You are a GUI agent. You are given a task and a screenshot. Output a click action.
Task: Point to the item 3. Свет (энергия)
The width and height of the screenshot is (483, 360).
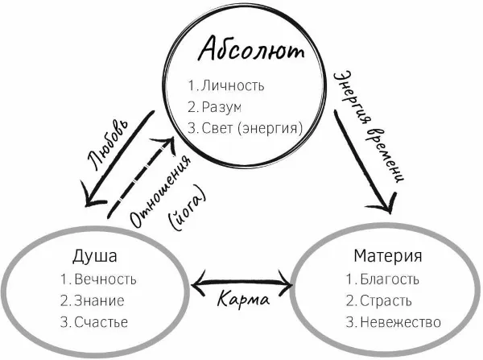pos(245,127)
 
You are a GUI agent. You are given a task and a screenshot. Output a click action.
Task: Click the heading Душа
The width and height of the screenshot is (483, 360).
pos(95,257)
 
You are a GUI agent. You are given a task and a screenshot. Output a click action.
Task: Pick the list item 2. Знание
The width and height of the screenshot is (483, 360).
pos(92,301)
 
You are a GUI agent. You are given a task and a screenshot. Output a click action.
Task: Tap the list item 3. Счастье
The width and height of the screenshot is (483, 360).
pos(94,322)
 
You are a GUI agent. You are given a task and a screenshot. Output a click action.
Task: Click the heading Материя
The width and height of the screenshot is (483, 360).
pos(388,257)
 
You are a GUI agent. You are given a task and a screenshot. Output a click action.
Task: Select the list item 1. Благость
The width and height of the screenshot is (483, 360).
pos(382,279)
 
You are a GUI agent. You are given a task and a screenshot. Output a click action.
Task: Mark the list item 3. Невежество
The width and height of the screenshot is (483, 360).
pos(393,322)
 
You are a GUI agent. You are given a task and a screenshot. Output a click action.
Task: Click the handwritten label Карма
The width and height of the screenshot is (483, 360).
pos(242,301)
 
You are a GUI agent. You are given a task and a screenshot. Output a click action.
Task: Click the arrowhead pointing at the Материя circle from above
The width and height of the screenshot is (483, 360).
pos(382,205)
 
